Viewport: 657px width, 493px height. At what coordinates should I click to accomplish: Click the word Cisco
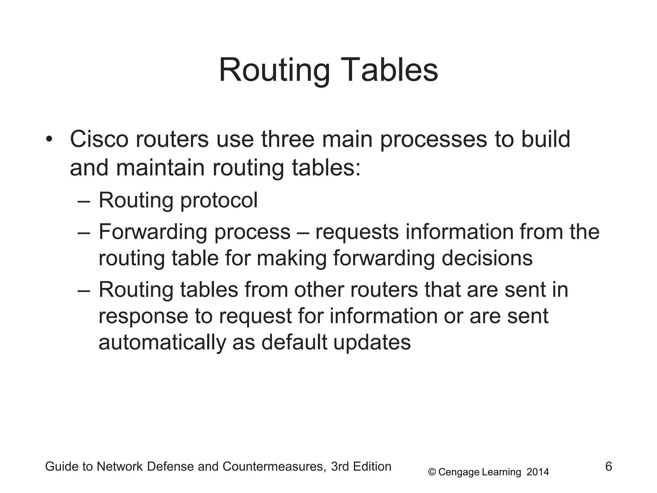tap(99, 139)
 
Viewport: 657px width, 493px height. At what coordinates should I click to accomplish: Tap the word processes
tap(433, 140)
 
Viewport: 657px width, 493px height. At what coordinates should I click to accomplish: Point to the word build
tap(546, 139)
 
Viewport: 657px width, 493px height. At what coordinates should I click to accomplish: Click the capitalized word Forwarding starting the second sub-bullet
tap(153, 232)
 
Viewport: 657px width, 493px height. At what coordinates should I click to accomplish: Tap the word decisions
tap(487, 258)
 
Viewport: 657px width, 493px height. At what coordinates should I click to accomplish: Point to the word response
tap(143, 316)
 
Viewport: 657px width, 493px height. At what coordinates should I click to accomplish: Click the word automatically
tap(162, 343)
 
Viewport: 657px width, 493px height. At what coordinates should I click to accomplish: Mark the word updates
tap(372, 343)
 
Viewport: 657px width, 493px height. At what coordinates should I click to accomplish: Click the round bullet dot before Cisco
tap(49, 139)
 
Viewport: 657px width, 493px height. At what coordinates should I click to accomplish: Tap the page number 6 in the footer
tap(609, 466)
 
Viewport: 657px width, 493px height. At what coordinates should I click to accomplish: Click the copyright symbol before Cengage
tap(432, 472)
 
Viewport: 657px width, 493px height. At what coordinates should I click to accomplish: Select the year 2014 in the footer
tap(538, 472)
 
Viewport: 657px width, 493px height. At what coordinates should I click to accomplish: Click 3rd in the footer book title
tap(340, 466)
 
